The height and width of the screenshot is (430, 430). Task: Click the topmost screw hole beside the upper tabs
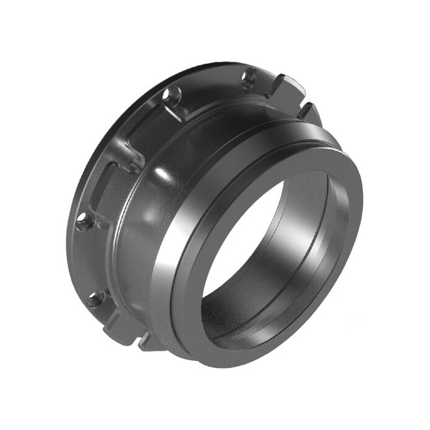(x=249, y=77)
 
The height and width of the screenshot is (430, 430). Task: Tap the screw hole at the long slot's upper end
(x=171, y=96)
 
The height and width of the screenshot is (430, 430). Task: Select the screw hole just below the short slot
(x=86, y=219)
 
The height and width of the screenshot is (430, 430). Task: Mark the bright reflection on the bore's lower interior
(x=258, y=322)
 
